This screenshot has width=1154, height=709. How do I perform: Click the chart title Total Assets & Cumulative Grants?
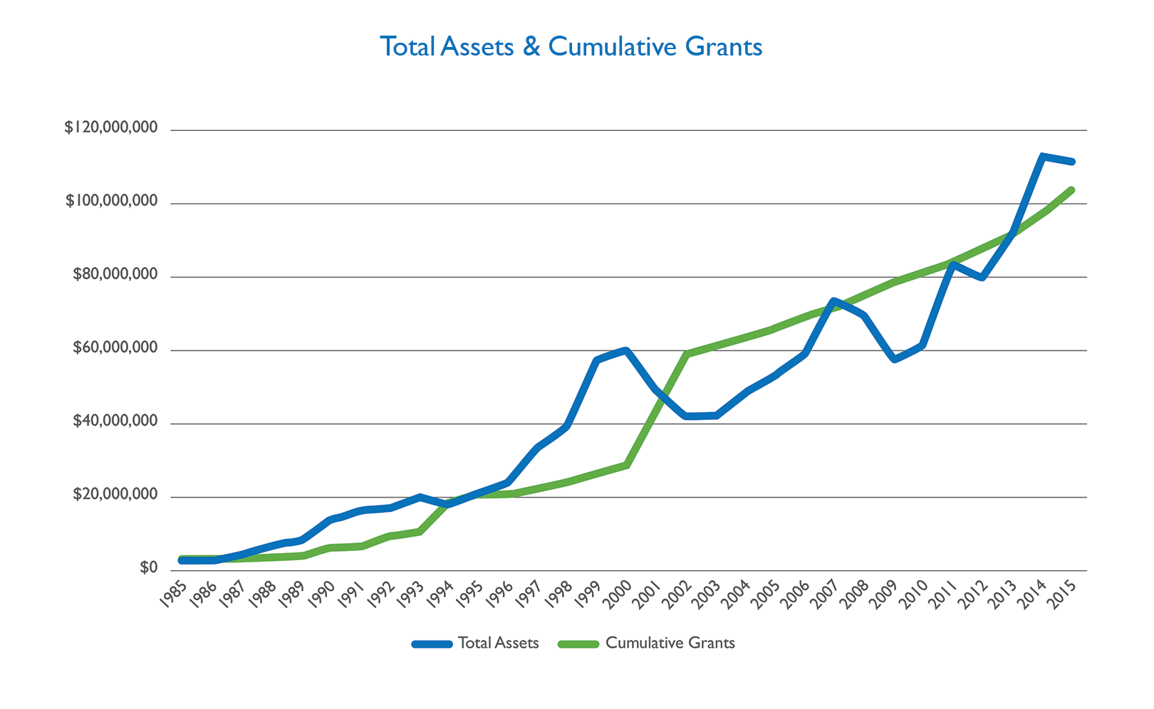click(x=571, y=47)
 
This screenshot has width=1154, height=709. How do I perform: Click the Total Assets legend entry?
click(x=476, y=644)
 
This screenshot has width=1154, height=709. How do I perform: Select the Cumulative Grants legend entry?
click(x=647, y=644)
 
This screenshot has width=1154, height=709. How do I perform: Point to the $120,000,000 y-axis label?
click(x=110, y=128)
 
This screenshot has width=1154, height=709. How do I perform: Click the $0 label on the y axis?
click(x=148, y=568)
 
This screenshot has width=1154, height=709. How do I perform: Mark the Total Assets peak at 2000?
click(x=626, y=350)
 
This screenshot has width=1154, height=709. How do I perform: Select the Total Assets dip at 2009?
click(x=894, y=359)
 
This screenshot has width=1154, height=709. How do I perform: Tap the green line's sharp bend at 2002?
click(x=686, y=353)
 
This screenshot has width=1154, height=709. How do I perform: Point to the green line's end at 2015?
click(x=1071, y=189)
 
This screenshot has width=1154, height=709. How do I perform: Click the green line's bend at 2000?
click(x=626, y=465)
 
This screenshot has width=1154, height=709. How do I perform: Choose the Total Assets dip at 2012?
click(x=982, y=277)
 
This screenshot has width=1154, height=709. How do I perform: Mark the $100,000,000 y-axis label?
click(x=111, y=201)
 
